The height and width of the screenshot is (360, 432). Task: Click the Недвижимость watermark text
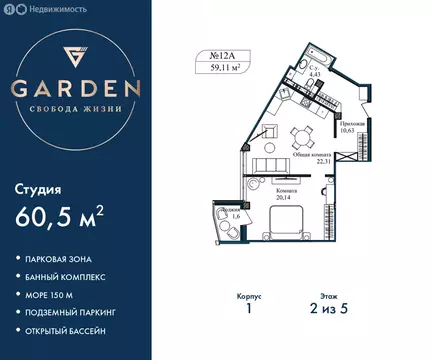(x=50, y=9)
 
